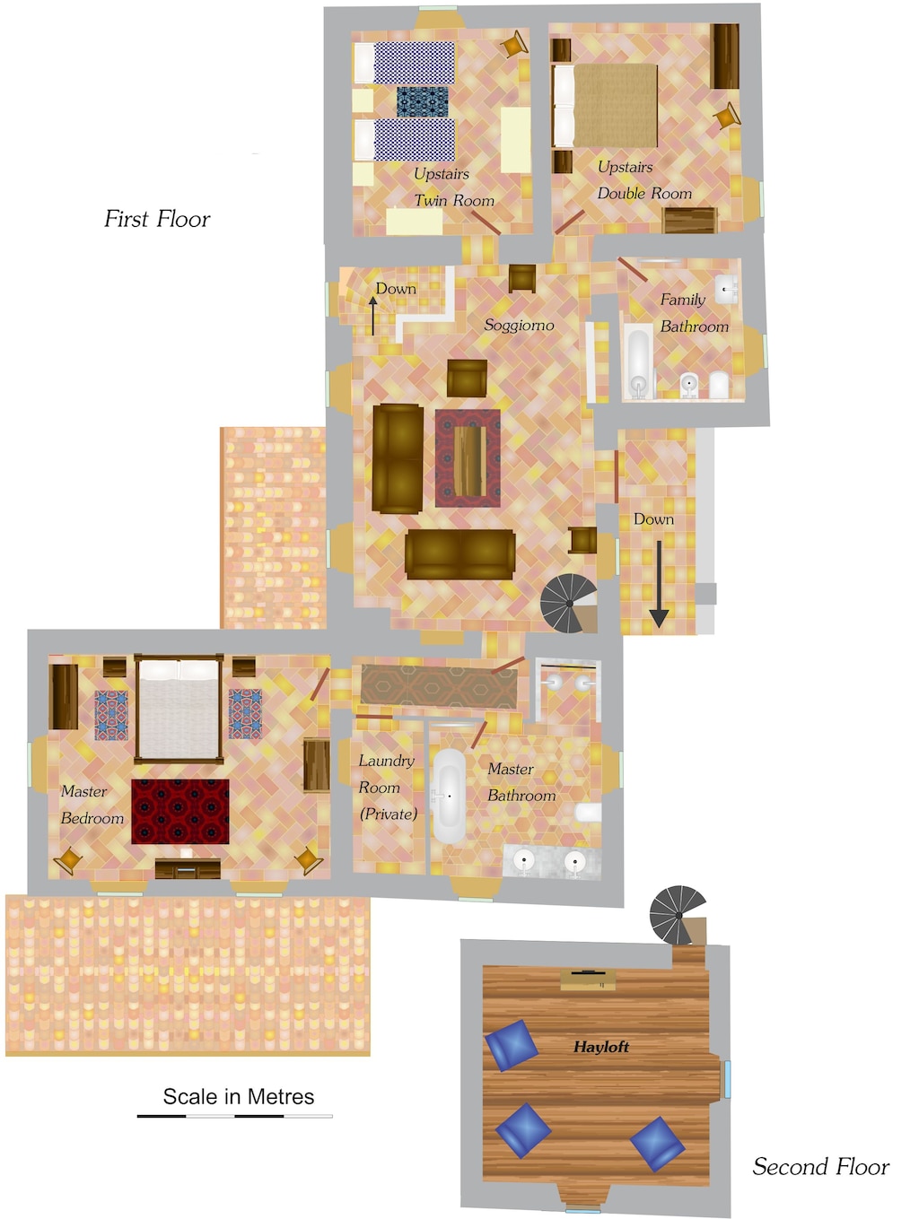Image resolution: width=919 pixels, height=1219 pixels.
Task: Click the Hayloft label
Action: pos(600,1047)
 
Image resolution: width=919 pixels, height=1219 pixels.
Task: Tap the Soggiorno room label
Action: pos(519,325)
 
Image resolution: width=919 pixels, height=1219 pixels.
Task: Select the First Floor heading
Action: pos(157,219)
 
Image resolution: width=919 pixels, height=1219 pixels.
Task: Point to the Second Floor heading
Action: pos(820,1166)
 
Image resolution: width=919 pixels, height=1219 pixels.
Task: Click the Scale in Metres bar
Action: pos(234,1116)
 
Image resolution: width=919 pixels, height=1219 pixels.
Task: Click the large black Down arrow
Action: pos(659,582)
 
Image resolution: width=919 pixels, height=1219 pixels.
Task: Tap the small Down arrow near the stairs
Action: pos(372,315)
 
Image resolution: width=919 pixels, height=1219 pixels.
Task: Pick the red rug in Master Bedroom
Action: pos(180,811)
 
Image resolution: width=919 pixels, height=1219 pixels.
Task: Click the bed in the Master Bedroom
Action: pos(179,710)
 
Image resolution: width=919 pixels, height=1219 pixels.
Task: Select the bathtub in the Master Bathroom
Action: pos(449,796)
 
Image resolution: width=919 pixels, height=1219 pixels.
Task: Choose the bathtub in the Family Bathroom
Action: pos(638,361)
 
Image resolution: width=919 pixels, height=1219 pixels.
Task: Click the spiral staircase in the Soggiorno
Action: pos(569,603)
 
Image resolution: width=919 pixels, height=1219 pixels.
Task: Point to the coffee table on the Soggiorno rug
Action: pos(468,458)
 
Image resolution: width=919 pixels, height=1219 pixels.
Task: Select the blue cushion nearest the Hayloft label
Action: pos(512,1045)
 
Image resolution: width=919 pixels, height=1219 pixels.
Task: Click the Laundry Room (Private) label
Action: pos(388,787)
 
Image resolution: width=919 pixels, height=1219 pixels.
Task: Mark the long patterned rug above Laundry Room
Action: pos(439,686)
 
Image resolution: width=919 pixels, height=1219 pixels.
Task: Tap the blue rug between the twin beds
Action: pos(422,101)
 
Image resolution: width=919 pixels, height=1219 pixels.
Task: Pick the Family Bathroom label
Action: pos(694,313)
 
